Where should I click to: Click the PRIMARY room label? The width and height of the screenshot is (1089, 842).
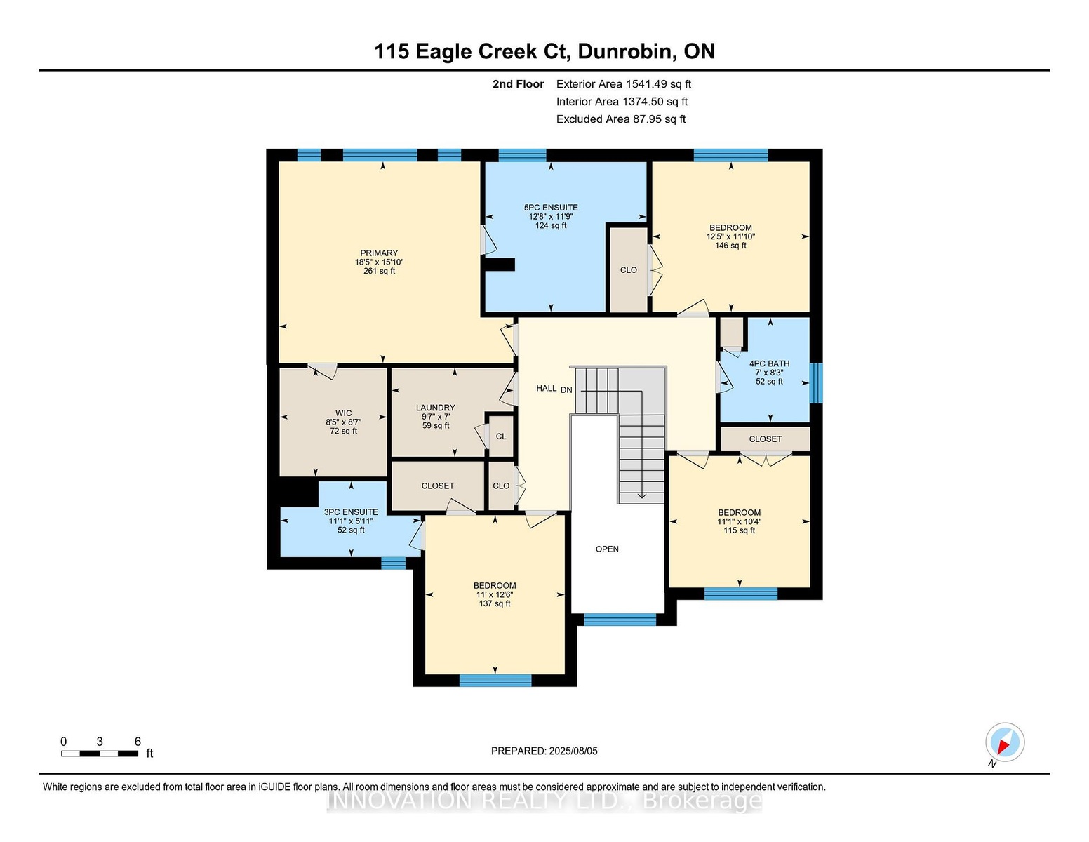(379, 253)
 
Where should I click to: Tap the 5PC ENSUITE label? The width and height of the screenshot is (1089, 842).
(551, 208)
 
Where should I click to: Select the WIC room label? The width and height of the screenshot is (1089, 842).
(343, 413)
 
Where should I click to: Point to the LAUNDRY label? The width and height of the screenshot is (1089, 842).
(436, 408)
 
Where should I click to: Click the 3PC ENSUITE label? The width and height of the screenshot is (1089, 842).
(351, 512)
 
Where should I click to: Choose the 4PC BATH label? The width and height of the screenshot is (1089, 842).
(769, 363)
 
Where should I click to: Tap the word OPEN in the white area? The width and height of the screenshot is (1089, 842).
(607, 549)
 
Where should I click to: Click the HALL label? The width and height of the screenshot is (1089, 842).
(546, 388)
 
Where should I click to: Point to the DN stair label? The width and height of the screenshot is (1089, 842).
(566, 389)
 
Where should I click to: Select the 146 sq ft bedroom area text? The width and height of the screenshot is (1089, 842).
(730, 246)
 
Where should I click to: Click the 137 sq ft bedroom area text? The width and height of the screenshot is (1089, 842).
(495, 603)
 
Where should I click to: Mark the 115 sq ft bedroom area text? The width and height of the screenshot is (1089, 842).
(739, 530)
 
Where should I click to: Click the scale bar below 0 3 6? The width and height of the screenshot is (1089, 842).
(100, 754)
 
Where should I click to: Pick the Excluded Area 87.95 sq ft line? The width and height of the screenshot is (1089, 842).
(621, 119)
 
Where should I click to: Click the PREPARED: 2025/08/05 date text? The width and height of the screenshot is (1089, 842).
(544, 751)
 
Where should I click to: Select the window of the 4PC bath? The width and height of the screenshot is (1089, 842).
(816, 382)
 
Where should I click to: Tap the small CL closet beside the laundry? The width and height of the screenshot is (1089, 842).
(501, 436)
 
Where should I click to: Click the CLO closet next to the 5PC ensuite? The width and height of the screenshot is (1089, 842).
(629, 270)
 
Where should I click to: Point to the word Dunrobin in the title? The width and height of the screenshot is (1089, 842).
(625, 52)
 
